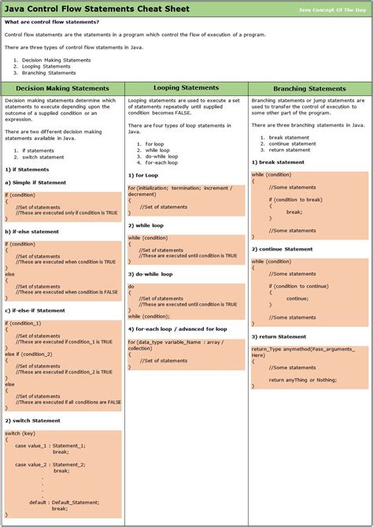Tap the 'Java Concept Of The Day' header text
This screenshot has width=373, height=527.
click(x=332, y=9)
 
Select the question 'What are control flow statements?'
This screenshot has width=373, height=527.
click(x=52, y=22)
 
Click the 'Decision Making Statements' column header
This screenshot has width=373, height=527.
click(x=62, y=88)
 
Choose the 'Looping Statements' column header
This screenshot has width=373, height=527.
click(x=186, y=87)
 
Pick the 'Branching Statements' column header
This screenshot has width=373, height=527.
click(x=310, y=88)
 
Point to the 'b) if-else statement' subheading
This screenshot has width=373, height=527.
click(x=32, y=232)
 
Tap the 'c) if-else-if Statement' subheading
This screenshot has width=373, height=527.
click(x=35, y=310)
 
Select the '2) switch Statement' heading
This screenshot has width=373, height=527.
click(x=32, y=421)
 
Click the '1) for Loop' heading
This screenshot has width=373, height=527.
click(x=143, y=175)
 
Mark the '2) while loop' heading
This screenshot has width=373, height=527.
click(x=146, y=225)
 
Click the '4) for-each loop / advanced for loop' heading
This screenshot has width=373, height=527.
click(x=178, y=328)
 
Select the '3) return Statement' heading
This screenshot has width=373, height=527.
click(x=279, y=336)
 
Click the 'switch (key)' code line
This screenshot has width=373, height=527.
click(x=20, y=433)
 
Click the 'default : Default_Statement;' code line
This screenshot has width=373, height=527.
click(x=64, y=501)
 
